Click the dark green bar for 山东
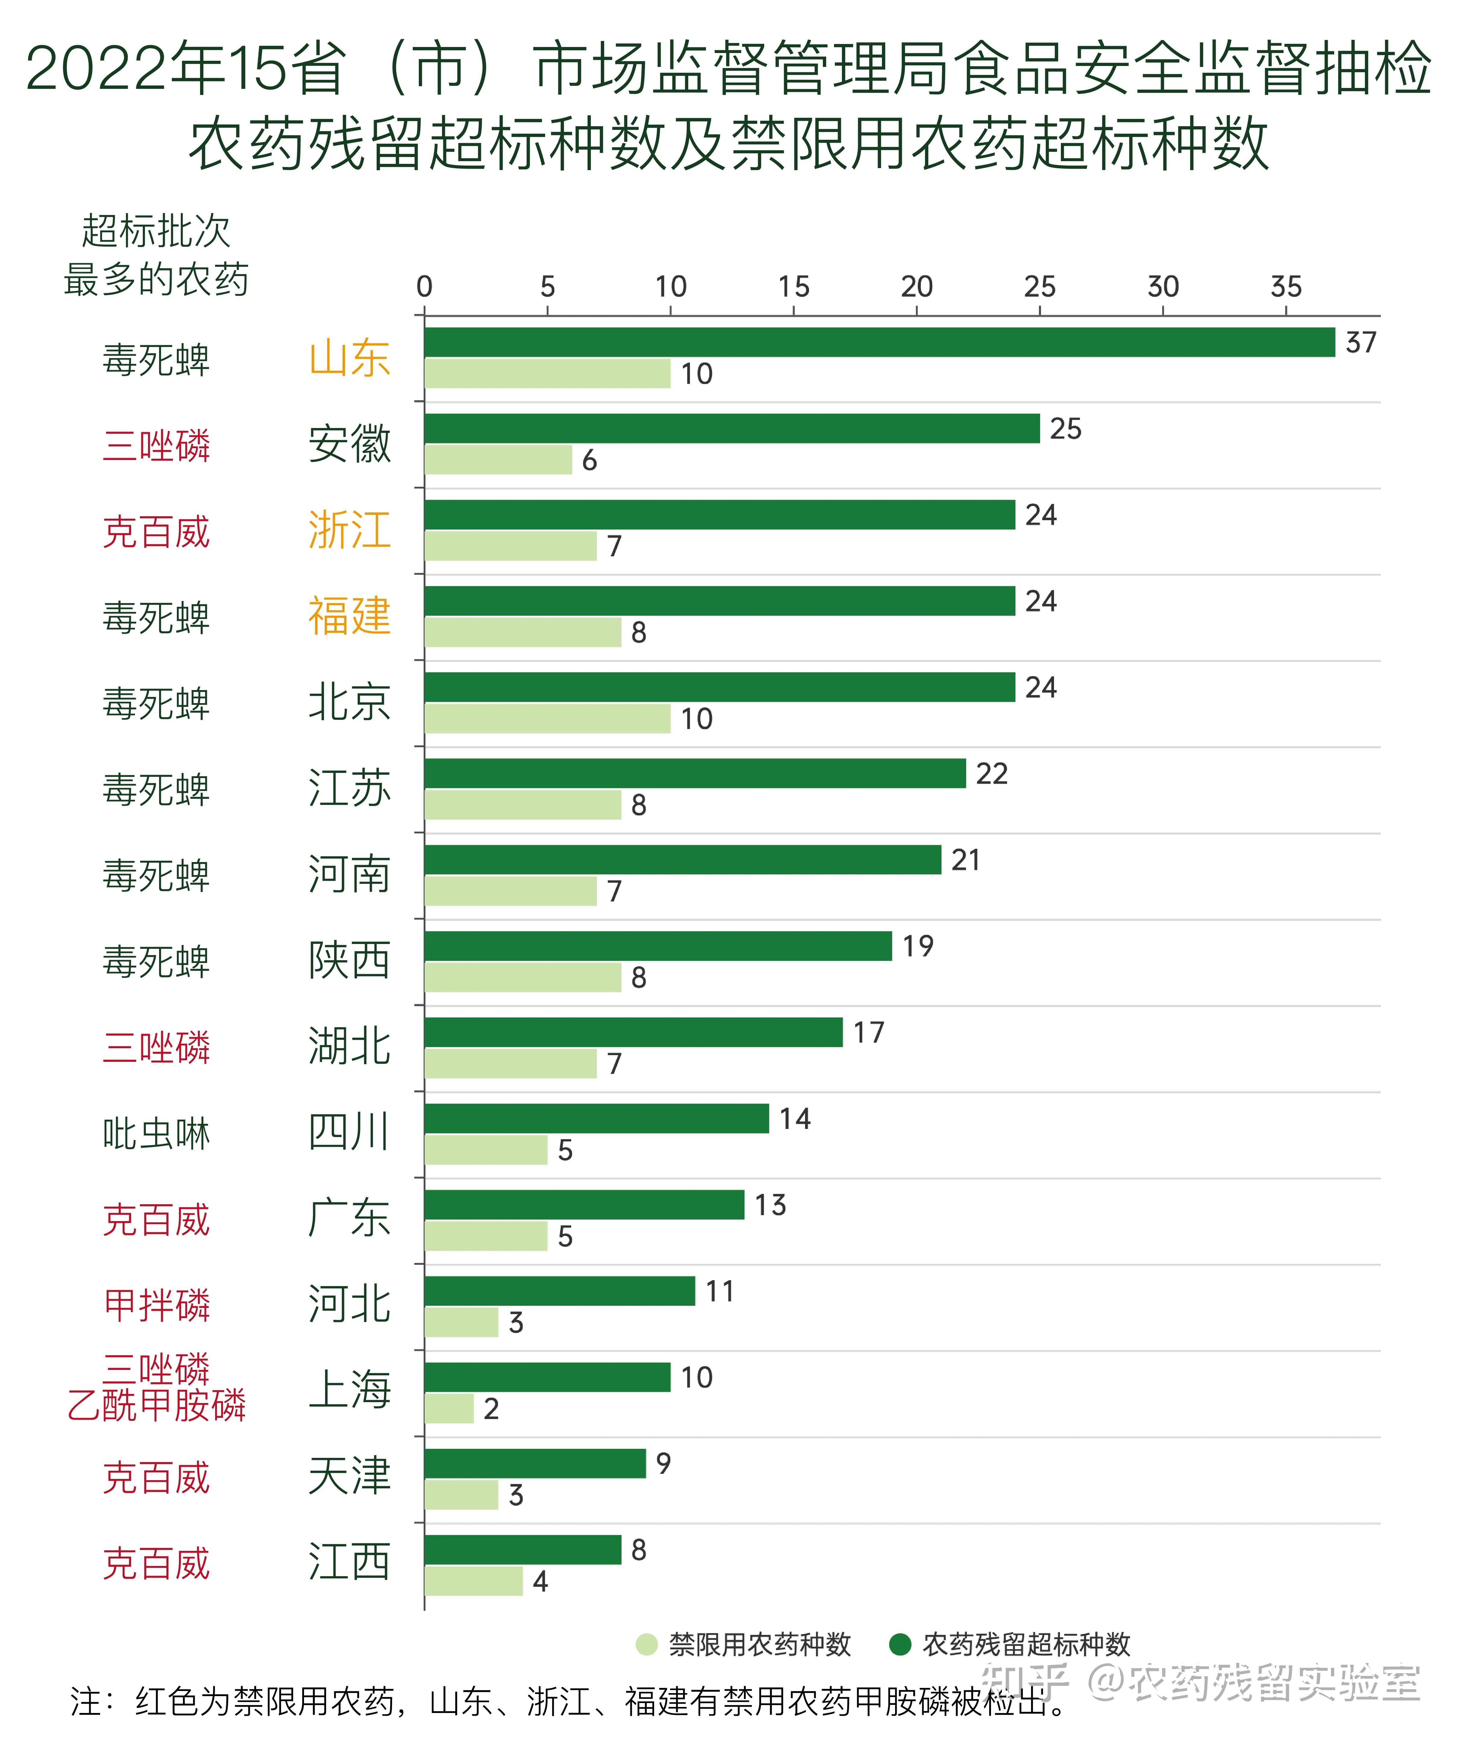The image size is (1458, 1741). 879,342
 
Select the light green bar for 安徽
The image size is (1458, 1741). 498,460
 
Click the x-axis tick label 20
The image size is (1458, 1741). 917,287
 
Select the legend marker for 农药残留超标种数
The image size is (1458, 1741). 900,1644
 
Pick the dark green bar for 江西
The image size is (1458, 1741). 522,1549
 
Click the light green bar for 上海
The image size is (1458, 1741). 449,1408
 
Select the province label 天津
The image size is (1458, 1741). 349,1477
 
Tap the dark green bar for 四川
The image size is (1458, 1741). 596,1118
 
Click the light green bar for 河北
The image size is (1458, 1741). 461,1322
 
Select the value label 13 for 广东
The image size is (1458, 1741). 770,1205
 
